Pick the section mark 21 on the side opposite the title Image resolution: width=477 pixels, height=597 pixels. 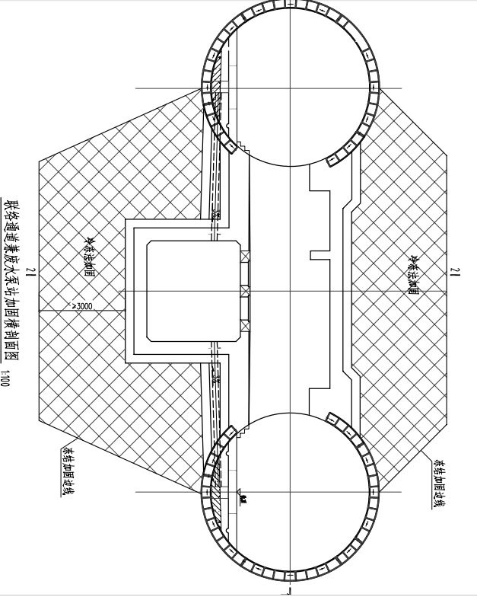[x=454, y=273]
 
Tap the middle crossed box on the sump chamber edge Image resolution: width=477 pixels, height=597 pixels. [x=245, y=291]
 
